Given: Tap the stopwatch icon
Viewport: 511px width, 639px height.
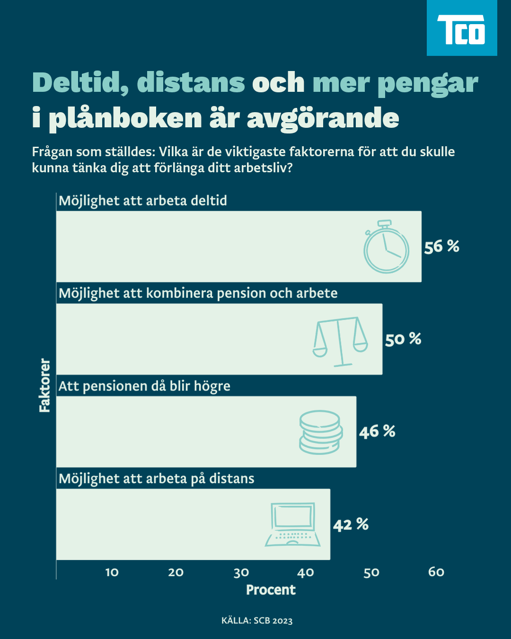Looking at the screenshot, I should (x=386, y=247).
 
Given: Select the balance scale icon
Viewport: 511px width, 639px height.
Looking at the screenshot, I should (x=340, y=341).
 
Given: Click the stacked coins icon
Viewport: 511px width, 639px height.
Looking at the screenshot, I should (x=321, y=432).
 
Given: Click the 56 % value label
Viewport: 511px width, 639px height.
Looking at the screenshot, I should (x=441, y=247).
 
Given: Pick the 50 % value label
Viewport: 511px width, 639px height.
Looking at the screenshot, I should (x=403, y=339).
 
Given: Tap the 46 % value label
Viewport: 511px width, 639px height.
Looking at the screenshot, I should (x=377, y=432).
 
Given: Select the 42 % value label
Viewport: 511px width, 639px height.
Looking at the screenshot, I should (x=350, y=524).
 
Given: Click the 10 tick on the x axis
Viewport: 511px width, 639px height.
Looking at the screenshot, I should (x=112, y=572).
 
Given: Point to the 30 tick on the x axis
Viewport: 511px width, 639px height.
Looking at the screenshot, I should (x=241, y=572).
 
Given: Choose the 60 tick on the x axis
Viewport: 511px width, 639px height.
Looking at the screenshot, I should (x=436, y=572).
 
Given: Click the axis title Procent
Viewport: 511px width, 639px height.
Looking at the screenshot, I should (x=271, y=590).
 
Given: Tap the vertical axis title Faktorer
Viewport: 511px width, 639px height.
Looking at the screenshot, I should (x=44, y=385).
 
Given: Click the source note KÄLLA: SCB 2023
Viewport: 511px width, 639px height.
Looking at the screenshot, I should (x=257, y=621).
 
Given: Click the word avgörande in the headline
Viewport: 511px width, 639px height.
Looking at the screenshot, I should (x=323, y=118).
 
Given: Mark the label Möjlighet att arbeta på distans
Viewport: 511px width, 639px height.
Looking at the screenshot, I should (x=156, y=479).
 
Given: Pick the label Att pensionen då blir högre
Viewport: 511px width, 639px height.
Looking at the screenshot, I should (x=144, y=386).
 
